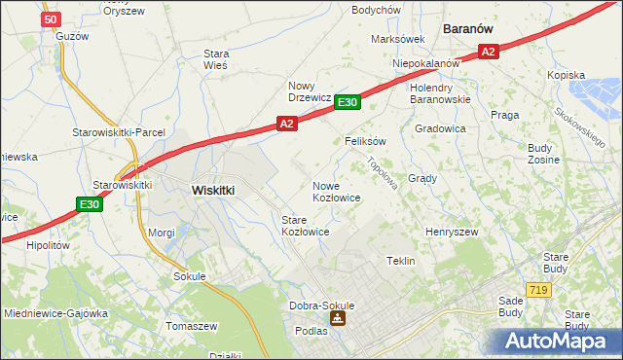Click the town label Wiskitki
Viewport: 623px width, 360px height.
[x=213, y=192]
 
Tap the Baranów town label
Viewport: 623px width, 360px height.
[x=472, y=29]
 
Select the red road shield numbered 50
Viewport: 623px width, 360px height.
[x=53, y=19]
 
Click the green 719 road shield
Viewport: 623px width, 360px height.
[x=537, y=290]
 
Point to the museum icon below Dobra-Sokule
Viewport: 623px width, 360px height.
[x=337, y=319]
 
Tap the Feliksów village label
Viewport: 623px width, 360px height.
[x=366, y=141]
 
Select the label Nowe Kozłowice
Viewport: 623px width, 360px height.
[x=337, y=192]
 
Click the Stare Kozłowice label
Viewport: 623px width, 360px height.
[x=305, y=227]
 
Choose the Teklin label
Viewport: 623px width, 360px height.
[x=401, y=262]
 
